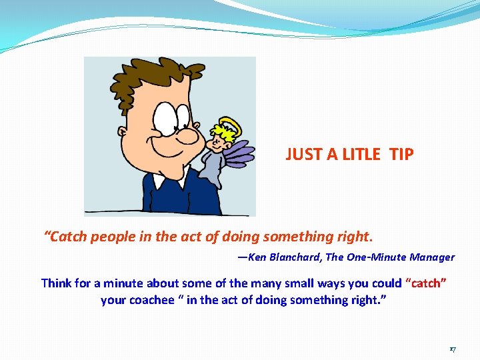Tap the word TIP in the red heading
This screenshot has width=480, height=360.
(x=401, y=155)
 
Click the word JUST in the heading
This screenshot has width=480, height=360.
(x=304, y=155)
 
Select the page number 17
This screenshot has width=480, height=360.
(x=452, y=349)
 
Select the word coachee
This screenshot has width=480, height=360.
(x=154, y=300)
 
